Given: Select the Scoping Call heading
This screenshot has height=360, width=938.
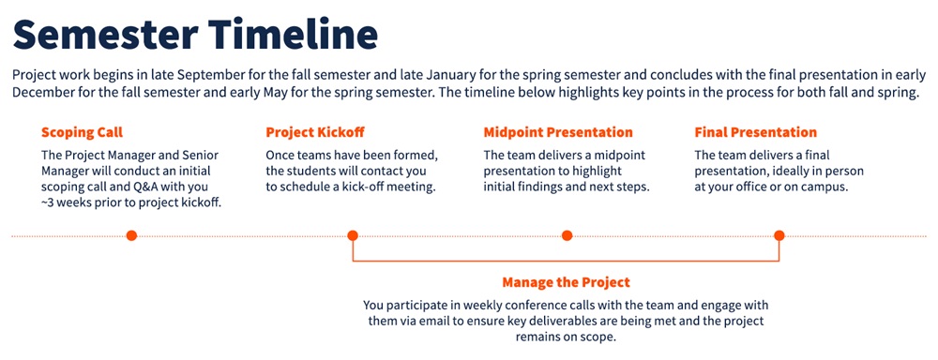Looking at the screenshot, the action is (82, 133).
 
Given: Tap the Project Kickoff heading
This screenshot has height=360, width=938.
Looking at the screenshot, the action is (315, 133).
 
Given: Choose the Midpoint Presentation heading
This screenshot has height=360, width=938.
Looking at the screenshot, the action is (558, 132).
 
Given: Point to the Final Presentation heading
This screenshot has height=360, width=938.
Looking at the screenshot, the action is (755, 132).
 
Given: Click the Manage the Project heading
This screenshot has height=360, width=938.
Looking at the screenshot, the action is (566, 281).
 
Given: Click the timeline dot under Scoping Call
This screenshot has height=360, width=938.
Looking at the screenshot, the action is (131, 235).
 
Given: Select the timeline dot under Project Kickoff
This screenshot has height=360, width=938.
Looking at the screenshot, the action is (353, 235).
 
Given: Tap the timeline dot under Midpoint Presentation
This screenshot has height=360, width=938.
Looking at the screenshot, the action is (567, 235).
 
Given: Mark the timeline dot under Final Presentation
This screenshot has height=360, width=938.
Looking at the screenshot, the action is (779, 235).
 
